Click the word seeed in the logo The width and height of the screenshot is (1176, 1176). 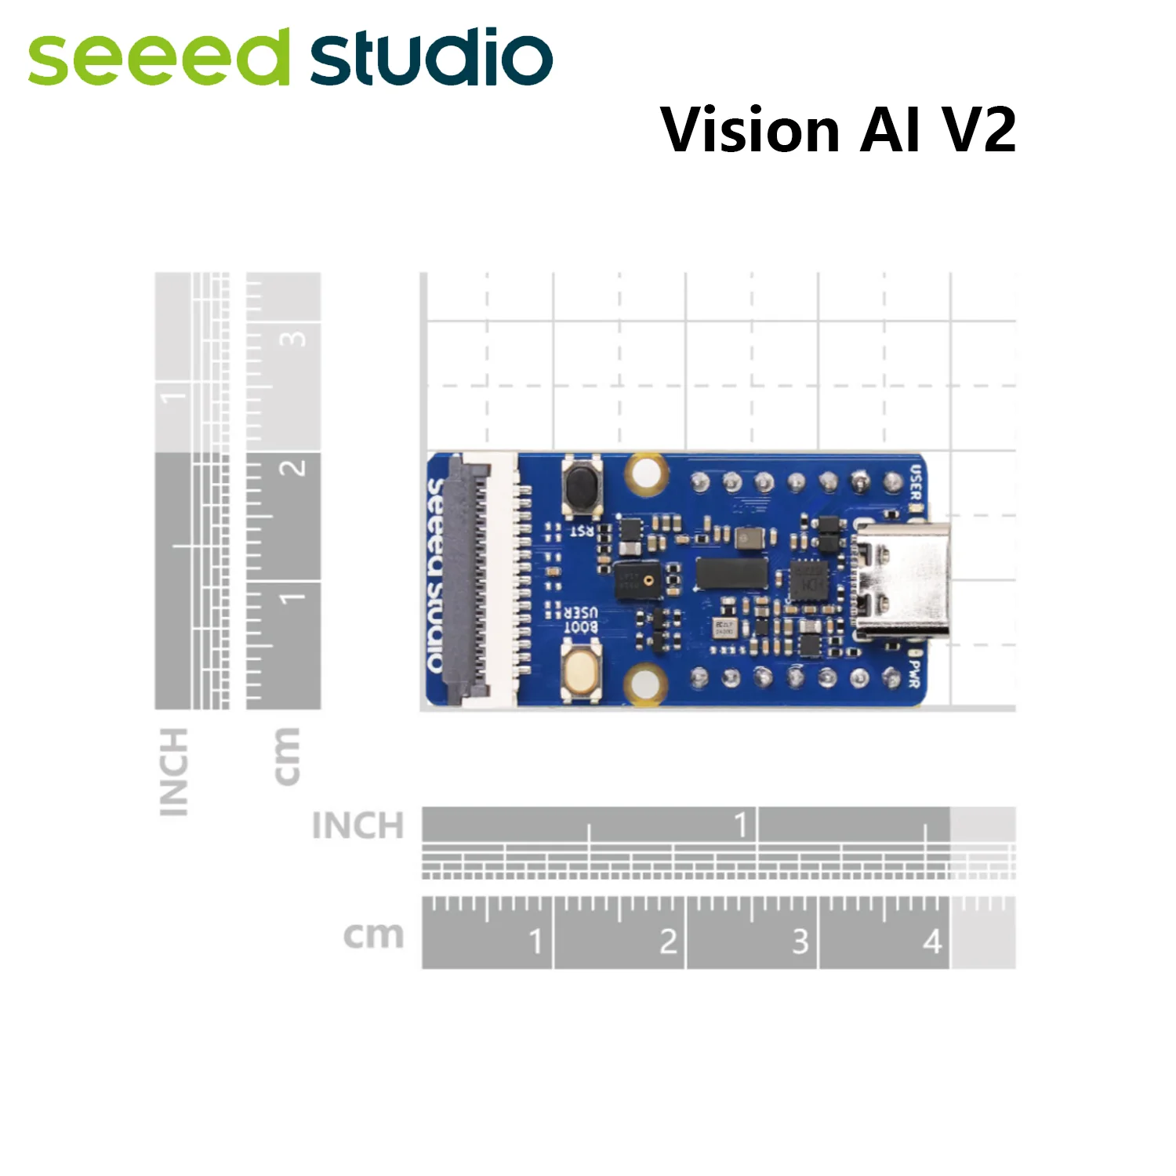coord(157,59)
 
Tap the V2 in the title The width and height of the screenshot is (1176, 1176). coord(979,129)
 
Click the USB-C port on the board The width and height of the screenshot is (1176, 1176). coord(902,579)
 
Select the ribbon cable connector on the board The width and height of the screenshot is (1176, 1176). coord(474,578)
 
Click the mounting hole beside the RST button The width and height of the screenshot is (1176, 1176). coord(646,474)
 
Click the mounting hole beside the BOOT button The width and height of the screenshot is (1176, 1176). coord(644,683)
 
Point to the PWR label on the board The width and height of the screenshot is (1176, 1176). coord(913,673)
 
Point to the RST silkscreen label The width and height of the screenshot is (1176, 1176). coord(581,532)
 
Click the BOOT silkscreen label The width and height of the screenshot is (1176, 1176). coord(580,627)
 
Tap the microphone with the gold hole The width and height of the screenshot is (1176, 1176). coord(637,581)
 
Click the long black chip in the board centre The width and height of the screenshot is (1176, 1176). coord(731,573)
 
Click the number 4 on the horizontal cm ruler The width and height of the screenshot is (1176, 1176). coord(931,942)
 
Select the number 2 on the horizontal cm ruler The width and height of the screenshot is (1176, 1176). coord(667,942)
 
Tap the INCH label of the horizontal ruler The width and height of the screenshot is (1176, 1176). coord(358,826)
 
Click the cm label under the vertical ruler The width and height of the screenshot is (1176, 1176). coord(286,756)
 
